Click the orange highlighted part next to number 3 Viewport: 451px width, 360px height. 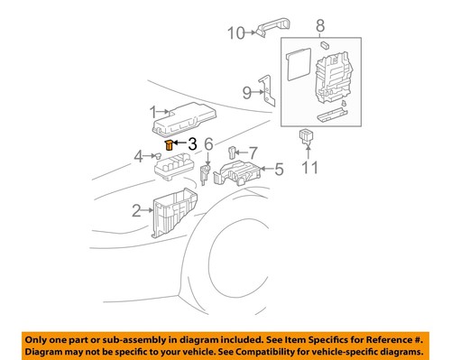coord(169,143)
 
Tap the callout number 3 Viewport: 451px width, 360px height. coord(191,143)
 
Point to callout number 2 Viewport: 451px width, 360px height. coord(137,211)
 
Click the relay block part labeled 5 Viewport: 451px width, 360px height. coord(238,171)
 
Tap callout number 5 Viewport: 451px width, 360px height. coord(278,168)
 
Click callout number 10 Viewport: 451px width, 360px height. coord(235,34)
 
